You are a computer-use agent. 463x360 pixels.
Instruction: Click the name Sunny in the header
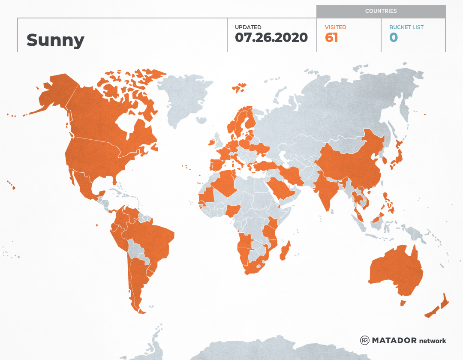point(55,40)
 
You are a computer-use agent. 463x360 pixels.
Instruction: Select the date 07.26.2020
point(271,38)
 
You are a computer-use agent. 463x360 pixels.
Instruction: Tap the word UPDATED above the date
point(248,27)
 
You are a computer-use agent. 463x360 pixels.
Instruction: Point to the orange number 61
point(331,38)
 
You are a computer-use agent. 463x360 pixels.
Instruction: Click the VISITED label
point(335,27)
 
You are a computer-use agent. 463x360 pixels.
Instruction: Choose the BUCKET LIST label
point(406,27)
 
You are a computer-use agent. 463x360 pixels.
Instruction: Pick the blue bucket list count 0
point(394,38)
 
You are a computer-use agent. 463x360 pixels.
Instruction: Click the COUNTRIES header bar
point(381,11)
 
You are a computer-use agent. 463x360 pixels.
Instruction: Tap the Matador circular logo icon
point(364,340)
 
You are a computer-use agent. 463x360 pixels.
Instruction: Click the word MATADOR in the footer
point(394,340)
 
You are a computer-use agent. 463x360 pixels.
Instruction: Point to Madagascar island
point(285,251)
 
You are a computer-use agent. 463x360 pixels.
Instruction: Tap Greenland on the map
point(184,99)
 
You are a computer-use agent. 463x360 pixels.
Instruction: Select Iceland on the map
point(239,88)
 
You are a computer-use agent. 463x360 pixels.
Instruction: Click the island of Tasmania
point(403,303)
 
